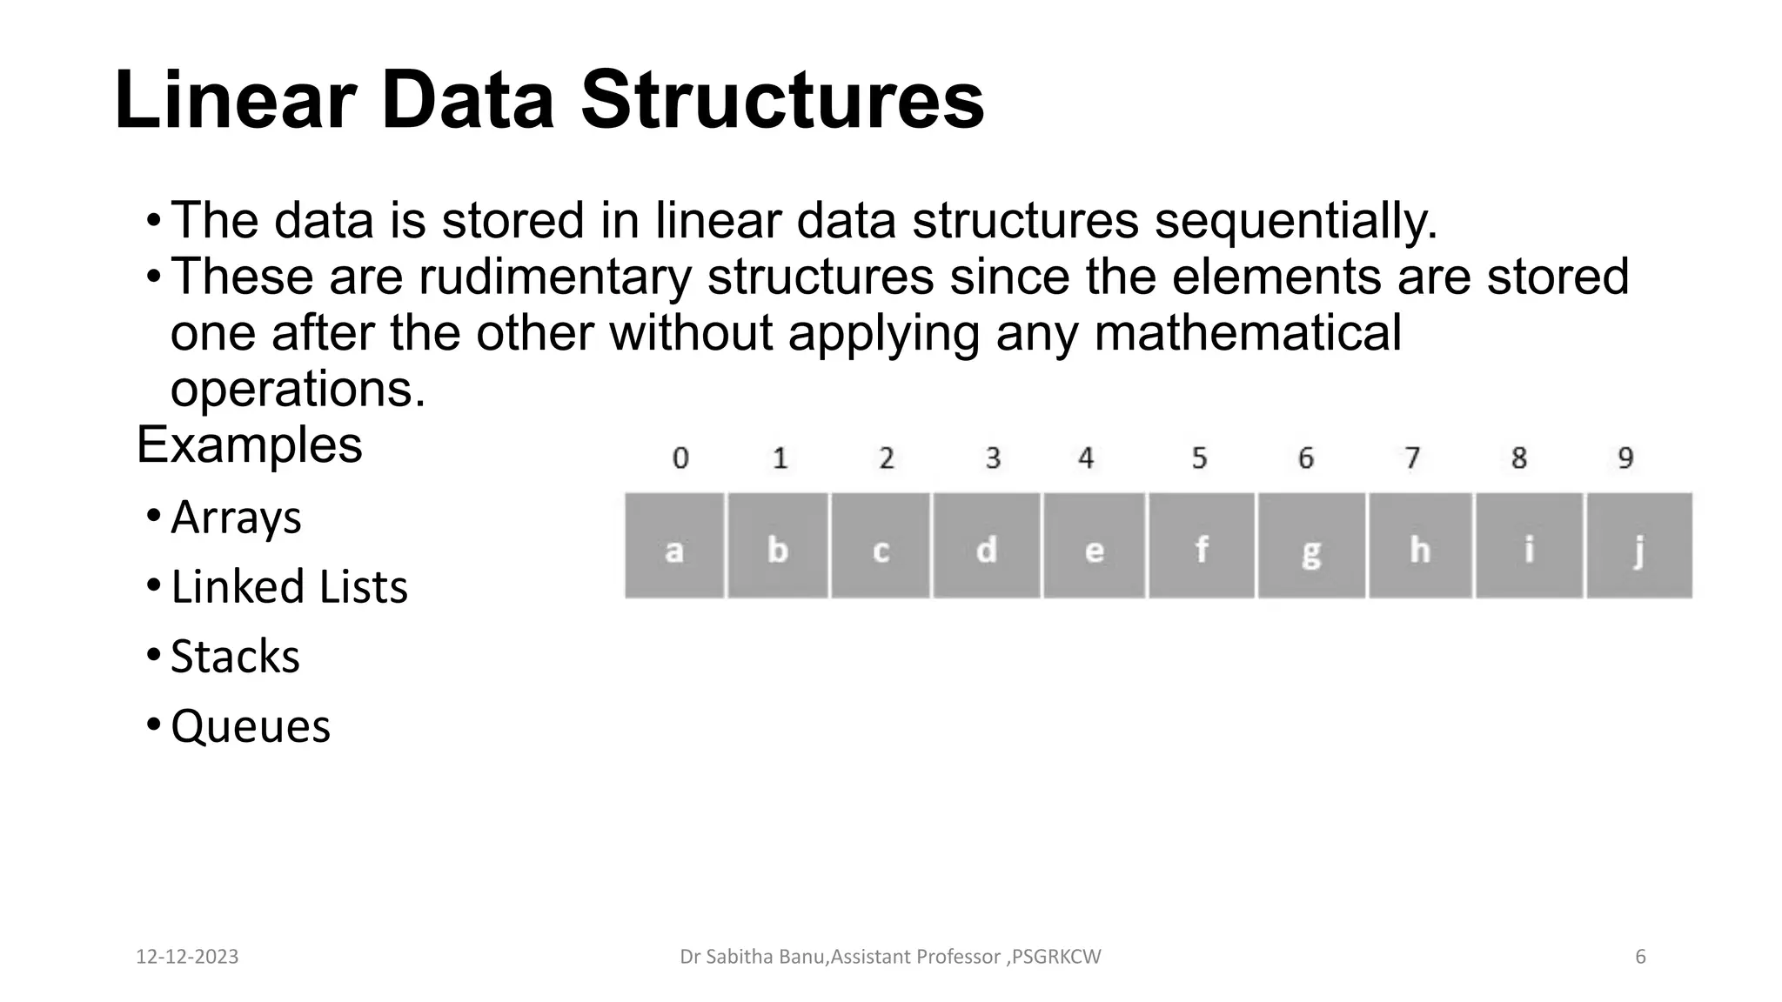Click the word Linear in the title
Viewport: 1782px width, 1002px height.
pyautogui.click(x=235, y=101)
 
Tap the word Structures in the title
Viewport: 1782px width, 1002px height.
pyautogui.click(x=782, y=101)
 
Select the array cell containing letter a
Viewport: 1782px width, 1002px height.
pyautogui.click(x=674, y=546)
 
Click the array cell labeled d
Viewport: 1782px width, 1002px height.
pyautogui.click(x=986, y=546)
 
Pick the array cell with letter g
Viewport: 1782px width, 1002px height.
pyautogui.click(x=1310, y=546)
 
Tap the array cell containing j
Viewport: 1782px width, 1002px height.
pyautogui.click(x=1639, y=546)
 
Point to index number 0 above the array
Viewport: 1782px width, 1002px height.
pyautogui.click(x=680, y=458)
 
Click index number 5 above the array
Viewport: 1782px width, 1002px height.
pyautogui.click(x=1199, y=458)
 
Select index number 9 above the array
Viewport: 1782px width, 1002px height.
pyautogui.click(x=1625, y=458)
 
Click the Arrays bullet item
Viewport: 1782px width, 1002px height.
pyautogui.click(x=236, y=518)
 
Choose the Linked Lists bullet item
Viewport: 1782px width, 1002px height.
pyautogui.click(x=289, y=587)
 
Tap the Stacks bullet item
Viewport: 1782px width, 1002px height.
pyautogui.click(x=235, y=657)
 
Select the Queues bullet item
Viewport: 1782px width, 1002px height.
pyautogui.click(x=251, y=726)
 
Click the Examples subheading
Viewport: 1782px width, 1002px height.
pyautogui.click(x=250, y=445)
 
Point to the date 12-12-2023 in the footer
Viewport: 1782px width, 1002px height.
pyautogui.click(x=187, y=957)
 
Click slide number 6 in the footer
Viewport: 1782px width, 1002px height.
pyautogui.click(x=1640, y=957)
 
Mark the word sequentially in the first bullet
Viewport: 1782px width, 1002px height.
pyautogui.click(x=1296, y=221)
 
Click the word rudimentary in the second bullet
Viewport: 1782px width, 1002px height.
pyautogui.click(x=555, y=277)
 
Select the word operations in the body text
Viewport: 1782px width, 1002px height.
pyautogui.click(x=298, y=389)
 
